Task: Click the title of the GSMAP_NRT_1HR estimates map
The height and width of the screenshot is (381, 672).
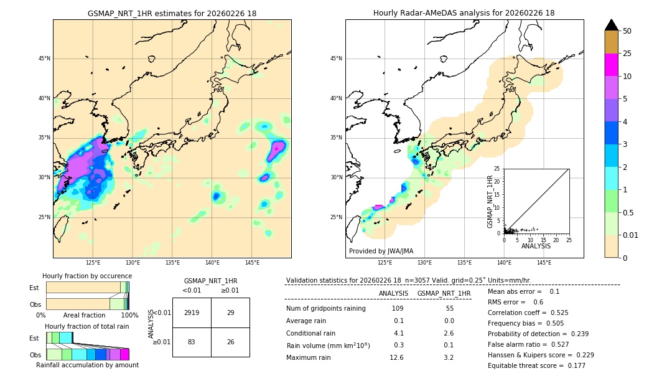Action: coord(172,13)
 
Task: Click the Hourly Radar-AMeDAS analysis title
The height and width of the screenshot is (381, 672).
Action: coord(464,13)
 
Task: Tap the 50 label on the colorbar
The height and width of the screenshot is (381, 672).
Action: coord(627,31)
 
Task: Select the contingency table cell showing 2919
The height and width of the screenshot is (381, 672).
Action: coord(192,313)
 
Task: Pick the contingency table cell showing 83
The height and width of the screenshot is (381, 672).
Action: coord(192,342)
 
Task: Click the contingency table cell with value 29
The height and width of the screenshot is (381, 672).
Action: coord(230,313)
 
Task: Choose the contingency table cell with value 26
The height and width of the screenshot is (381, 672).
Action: coord(230,342)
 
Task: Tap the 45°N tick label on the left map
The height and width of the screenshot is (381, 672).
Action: coord(44,59)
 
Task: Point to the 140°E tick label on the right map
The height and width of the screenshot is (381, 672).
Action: coord(504,263)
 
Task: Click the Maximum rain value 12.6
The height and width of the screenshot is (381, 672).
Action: coord(396,357)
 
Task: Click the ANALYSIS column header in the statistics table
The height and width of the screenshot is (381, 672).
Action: coord(393,293)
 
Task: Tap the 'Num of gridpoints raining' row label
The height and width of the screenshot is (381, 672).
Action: coord(326,309)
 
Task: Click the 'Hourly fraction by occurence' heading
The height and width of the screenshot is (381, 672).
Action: coord(87,276)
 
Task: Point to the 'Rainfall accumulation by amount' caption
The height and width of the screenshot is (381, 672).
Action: coord(87,365)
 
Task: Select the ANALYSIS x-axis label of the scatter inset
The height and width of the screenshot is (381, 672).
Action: coord(536,246)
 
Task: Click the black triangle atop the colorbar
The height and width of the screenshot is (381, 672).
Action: coord(612,25)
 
